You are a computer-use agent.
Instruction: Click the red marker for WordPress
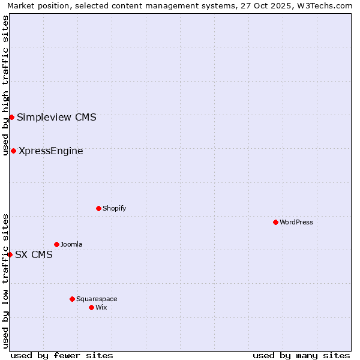coord(275,222)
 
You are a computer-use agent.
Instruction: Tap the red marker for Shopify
coord(98,208)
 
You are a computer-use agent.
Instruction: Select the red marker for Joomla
coord(56,244)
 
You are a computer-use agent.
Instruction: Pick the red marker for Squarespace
coord(72,299)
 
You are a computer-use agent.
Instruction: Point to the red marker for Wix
coord(91,307)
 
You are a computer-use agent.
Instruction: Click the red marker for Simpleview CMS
coord(11,117)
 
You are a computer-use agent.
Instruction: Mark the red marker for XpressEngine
coord(13,151)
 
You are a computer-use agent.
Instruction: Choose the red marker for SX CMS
coord(10,254)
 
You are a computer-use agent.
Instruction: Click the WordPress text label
coord(296,222)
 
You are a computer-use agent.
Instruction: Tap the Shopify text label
coord(114,208)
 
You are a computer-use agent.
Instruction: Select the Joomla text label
coord(71,244)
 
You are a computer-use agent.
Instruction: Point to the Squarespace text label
coord(97,299)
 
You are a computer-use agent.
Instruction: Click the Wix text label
coord(101,307)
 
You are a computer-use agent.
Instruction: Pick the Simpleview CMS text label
coord(56,117)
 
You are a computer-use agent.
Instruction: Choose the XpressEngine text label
coord(51,151)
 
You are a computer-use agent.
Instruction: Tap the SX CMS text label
coord(34,254)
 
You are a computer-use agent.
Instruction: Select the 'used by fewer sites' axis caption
coord(62,355)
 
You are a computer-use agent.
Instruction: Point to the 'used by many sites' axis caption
coord(301,355)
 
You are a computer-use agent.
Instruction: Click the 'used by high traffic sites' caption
coord(5,85)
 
